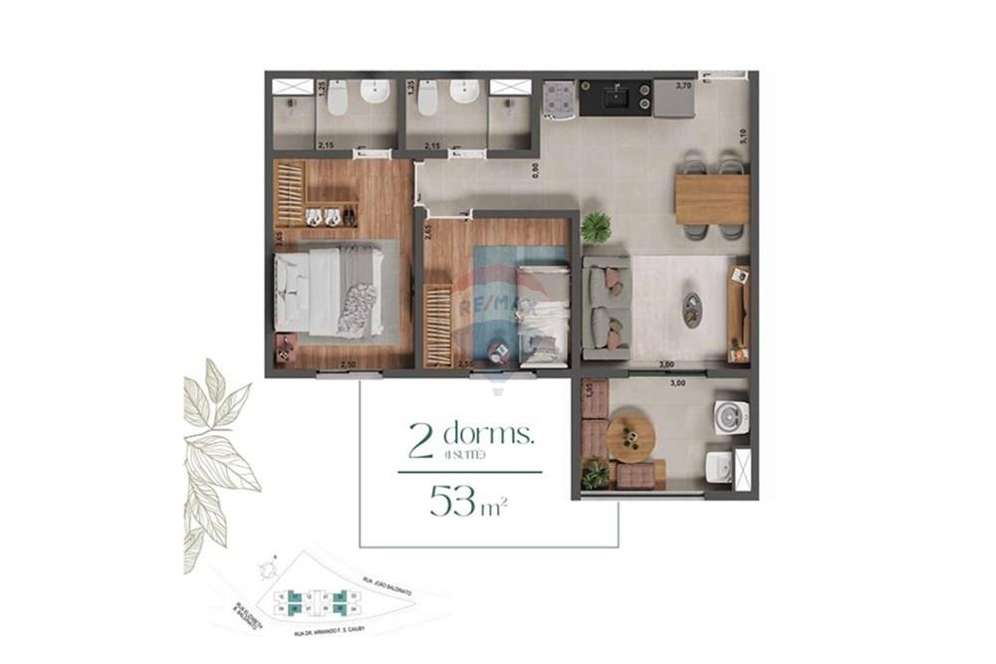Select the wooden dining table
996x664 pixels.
click(711, 199)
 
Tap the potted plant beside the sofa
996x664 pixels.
click(597, 227)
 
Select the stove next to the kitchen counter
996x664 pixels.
click(558, 98)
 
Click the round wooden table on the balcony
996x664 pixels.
click(630, 438)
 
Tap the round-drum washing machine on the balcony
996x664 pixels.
click(730, 417)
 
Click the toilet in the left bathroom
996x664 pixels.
click(337, 98)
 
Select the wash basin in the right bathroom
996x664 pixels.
click(464, 92)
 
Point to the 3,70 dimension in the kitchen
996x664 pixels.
click(684, 87)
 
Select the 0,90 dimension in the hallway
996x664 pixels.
click(535, 170)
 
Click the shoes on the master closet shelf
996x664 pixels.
click(323, 215)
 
